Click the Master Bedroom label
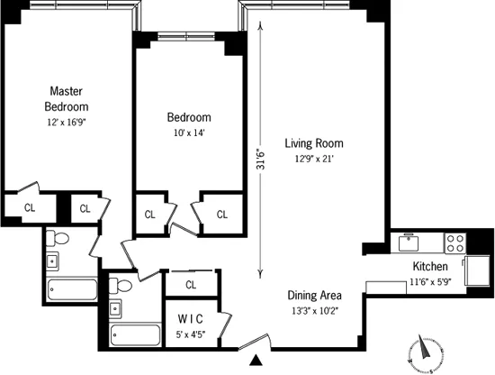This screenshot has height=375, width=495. (x=67, y=99)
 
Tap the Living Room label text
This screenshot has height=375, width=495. (x=314, y=143)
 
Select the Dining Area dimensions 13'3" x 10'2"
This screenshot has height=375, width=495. (x=314, y=312)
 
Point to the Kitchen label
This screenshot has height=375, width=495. (x=431, y=267)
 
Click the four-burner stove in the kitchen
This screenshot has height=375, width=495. (x=455, y=242)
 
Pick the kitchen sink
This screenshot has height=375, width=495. (x=409, y=240)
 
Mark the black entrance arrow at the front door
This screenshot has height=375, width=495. (x=256, y=361)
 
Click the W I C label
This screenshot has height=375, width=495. (x=190, y=318)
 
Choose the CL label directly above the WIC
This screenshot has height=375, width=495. (x=191, y=285)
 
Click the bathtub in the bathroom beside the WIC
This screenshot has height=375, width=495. (x=135, y=334)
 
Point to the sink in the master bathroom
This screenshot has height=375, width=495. (x=52, y=262)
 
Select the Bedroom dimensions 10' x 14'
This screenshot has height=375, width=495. (x=189, y=133)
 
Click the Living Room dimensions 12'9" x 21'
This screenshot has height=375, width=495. (x=314, y=160)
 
